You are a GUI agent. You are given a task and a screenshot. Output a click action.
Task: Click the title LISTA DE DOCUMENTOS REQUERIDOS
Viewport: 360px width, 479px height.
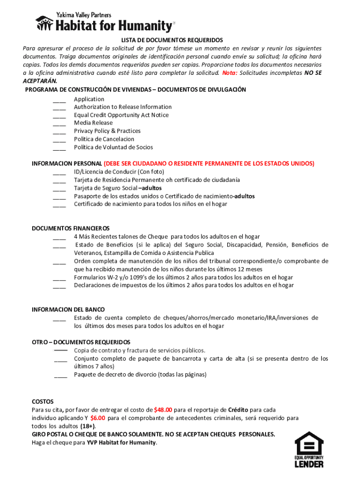point(172,40)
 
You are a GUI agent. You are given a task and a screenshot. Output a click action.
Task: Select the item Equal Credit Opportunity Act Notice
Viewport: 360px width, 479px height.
point(121,115)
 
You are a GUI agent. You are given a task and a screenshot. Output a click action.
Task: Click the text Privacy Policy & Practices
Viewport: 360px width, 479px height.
point(107,131)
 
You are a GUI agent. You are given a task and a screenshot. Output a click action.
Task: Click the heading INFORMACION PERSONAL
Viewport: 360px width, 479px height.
point(67,164)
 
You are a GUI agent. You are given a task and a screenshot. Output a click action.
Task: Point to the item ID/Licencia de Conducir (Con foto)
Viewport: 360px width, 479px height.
point(119,172)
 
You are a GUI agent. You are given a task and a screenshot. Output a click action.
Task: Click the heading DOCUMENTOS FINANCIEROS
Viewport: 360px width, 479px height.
point(71,228)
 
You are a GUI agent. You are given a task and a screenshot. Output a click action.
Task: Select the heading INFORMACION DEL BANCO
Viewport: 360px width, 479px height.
point(68,310)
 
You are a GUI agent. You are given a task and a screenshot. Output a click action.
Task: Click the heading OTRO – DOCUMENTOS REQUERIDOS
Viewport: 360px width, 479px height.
point(81,342)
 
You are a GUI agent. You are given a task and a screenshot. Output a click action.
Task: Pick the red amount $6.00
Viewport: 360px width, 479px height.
point(98,418)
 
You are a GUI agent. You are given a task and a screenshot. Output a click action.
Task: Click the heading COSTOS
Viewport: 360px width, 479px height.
point(43,402)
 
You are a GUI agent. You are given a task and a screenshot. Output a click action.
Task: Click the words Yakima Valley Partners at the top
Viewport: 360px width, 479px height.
point(80,15)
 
